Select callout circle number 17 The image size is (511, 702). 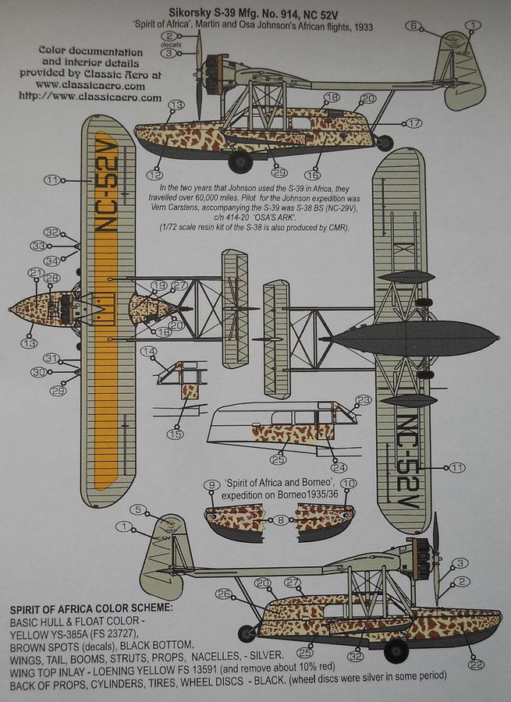(413, 123)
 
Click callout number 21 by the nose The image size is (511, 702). (34, 272)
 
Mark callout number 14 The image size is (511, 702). (147, 352)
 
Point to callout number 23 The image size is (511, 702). (362, 400)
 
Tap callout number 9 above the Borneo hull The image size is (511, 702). (210, 485)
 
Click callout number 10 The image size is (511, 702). (349, 484)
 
